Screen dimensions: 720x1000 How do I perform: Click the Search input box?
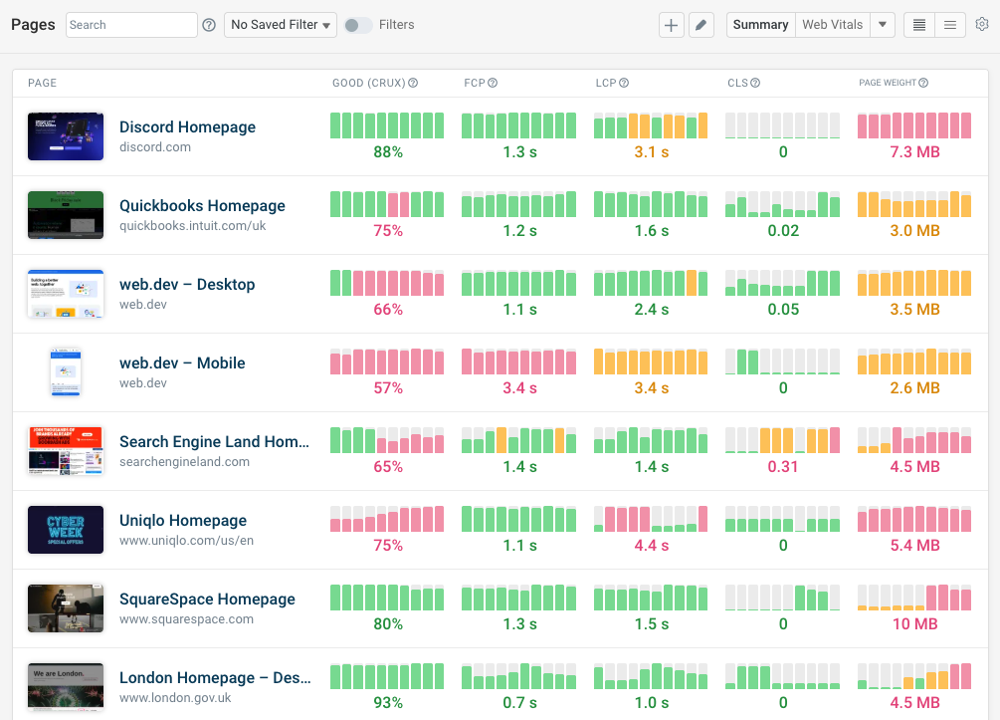tap(131, 25)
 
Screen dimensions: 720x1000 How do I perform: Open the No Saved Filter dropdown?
tap(281, 25)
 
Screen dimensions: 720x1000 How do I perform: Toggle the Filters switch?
tap(358, 25)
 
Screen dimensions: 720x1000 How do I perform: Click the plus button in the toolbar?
tap(672, 25)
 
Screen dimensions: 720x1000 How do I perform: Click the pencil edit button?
tap(701, 25)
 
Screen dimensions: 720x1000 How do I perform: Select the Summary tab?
tap(760, 25)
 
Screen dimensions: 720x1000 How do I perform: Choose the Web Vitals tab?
tap(832, 25)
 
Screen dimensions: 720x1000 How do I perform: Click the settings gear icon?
tap(982, 25)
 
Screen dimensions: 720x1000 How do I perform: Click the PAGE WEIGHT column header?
tap(888, 83)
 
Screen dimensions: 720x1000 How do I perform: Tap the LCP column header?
tap(607, 83)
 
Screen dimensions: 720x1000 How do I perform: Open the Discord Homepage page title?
tap(187, 127)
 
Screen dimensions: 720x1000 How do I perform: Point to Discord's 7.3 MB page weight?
tap(914, 152)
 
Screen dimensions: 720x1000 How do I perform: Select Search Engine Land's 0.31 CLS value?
tap(783, 467)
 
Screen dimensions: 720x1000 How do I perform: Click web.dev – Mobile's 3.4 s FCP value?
tap(519, 388)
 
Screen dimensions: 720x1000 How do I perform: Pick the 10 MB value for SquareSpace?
tap(914, 624)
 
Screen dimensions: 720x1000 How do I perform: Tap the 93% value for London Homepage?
tap(387, 703)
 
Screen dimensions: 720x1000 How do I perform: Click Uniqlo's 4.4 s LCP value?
tap(651, 546)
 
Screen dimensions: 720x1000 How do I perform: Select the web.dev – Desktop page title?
tap(187, 285)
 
